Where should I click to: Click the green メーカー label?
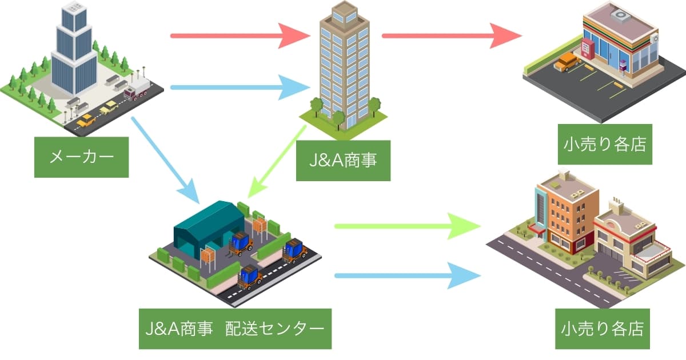pyautogui.click(x=81, y=157)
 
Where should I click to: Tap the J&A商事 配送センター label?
pyautogui.click(x=235, y=329)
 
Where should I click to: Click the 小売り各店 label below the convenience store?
pyautogui.click(x=604, y=144)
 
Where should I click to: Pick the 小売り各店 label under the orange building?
pyautogui.click(x=603, y=329)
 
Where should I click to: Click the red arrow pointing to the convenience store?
pyautogui.click(x=452, y=36)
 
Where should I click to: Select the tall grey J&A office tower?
pyautogui.click(x=344, y=63)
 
